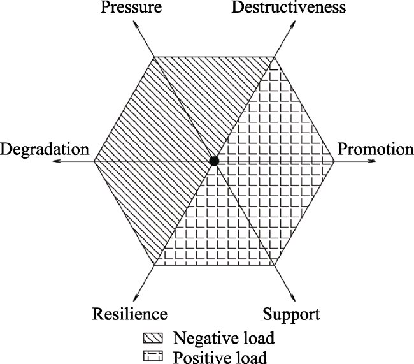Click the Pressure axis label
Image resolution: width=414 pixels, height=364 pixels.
[x=131, y=8]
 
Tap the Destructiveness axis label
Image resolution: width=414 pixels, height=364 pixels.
[x=289, y=8]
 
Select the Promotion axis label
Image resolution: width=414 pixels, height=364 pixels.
[x=375, y=149]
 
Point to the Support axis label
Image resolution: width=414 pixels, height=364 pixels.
[x=291, y=314]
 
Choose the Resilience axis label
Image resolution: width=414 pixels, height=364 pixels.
[x=130, y=314]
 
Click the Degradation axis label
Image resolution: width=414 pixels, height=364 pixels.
[x=45, y=150]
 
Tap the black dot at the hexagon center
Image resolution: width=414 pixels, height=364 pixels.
[x=214, y=161]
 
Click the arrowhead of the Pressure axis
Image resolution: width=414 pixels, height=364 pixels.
[x=136, y=25]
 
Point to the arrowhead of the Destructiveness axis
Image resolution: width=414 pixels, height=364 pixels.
[x=292, y=25]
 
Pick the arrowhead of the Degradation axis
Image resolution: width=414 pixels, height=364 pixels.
[x=57, y=161]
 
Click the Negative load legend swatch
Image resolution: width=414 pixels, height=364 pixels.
[x=153, y=338]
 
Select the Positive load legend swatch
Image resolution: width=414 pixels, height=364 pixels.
[x=153, y=356]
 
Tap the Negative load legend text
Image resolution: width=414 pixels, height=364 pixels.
[x=224, y=338]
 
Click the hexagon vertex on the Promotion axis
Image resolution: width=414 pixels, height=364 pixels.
[x=334, y=161]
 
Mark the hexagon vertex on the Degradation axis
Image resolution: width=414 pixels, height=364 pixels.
[x=94, y=161]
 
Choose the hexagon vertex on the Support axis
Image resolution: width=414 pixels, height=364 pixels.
[x=275, y=265]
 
